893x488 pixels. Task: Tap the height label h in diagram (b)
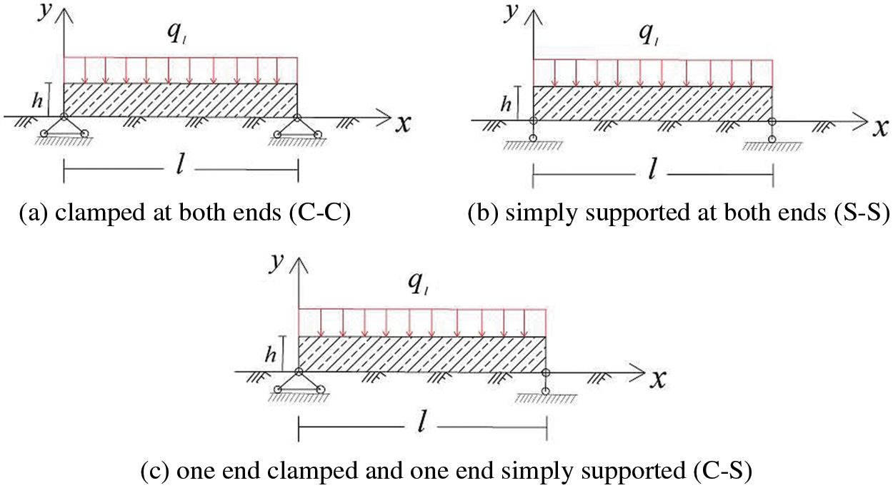point(507,104)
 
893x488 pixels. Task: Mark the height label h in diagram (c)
point(271,355)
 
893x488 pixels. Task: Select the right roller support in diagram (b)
point(772,130)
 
